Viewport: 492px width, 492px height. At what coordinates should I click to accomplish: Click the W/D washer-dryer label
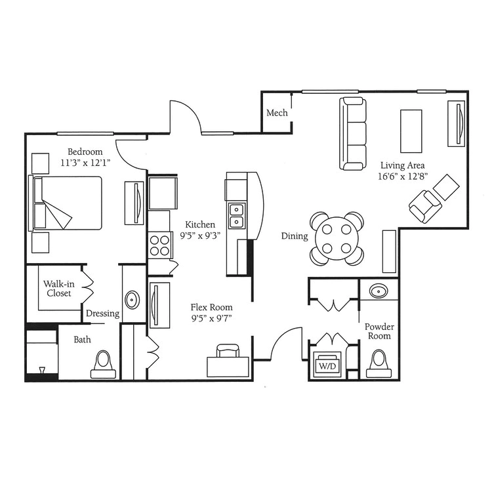click(327, 366)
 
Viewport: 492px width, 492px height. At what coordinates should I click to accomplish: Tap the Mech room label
click(277, 113)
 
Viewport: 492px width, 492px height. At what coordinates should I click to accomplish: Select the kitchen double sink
click(237, 216)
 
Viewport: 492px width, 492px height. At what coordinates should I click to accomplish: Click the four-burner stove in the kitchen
click(159, 245)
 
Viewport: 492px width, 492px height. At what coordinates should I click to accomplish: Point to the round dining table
click(337, 239)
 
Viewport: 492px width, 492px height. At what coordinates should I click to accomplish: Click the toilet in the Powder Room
click(379, 365)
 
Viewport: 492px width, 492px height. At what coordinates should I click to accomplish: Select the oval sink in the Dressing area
click(133, 300)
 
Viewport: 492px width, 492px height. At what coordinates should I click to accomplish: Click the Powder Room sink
click(379, 291)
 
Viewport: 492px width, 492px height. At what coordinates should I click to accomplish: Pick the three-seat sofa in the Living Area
click(353, 134)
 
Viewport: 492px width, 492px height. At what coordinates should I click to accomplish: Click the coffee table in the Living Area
click(411, 131)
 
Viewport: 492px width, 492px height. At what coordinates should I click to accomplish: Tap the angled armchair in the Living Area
click(425, 207)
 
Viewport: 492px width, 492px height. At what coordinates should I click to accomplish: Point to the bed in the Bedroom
click(66, 203)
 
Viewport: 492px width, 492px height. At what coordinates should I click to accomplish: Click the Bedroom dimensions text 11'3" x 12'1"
click(85, 163)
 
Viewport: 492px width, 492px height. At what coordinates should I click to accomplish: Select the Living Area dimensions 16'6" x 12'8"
click(403, 176)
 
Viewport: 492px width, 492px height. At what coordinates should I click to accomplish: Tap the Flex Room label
click(211, 307)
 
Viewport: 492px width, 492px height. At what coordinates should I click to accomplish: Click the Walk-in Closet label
click(59, 289)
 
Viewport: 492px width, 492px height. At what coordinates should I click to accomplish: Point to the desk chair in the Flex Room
click(228, 350)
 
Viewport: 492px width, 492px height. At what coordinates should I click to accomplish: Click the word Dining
click(295, 236)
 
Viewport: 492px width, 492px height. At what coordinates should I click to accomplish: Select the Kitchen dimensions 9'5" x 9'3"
click(200, 236)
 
